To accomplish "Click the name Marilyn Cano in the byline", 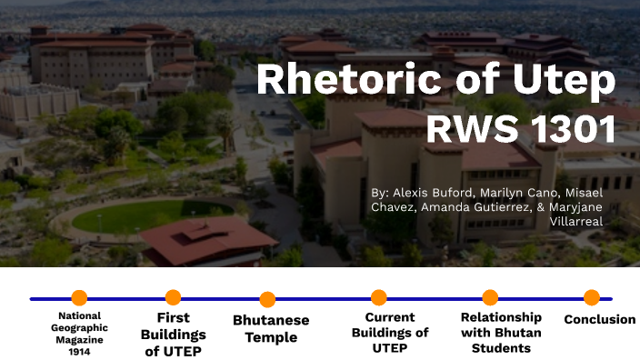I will [511, 193].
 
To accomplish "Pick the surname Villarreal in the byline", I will [577, 221].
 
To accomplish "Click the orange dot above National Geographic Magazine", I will [79, 297].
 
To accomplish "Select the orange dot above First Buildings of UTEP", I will [174, 297].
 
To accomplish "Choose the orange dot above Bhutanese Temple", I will [267, 298].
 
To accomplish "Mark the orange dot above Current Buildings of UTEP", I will [379, 297].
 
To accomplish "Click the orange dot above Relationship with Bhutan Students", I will [490, 297].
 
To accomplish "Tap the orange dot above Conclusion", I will [591, 297].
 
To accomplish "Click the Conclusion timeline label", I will [600, 319].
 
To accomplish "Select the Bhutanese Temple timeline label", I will [271, 329].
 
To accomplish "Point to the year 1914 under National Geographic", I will [79, 351].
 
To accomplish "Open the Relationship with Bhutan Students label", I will [501, 333].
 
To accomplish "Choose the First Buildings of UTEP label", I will [173, 335].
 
